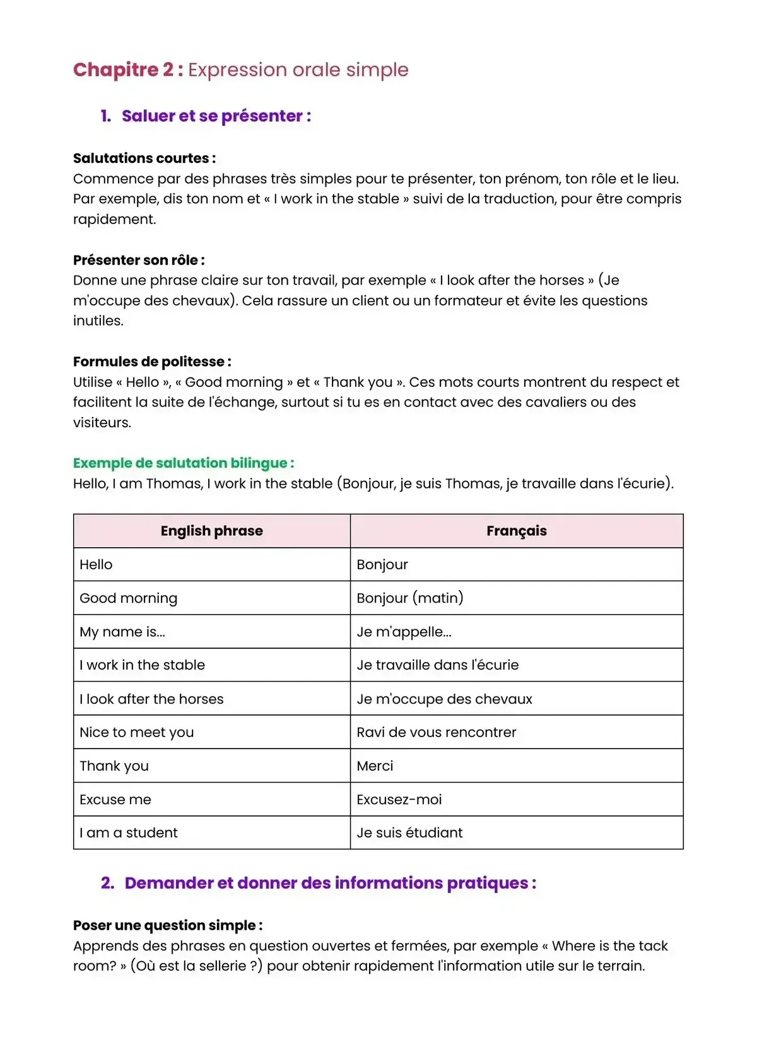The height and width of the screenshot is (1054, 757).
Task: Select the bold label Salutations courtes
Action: tap(144, 158)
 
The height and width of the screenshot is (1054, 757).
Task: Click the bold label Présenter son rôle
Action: tap(138, 260)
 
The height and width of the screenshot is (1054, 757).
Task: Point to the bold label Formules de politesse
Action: tap(151, 362)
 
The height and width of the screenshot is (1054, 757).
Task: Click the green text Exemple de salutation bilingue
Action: tap(183, 463)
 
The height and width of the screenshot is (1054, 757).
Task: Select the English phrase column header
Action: tap(211, 531)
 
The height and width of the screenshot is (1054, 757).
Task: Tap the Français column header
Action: tap(516, 531)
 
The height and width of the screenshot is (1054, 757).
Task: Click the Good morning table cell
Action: tap(129, 598)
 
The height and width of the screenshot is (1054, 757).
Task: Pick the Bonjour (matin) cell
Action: tap(410, 598)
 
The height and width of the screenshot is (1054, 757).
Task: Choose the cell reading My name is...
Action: tap(122, 632)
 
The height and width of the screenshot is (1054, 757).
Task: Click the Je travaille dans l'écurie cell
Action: tap(438, 665)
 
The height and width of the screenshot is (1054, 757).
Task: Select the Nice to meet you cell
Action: tap(137, 732)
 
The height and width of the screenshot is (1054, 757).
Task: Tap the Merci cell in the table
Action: tap(375, 766)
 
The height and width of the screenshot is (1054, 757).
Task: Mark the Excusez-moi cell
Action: tap(399, 800)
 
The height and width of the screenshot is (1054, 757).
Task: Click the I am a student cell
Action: tap(129, 833)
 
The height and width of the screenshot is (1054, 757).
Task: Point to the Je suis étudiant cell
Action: tap(409, 833)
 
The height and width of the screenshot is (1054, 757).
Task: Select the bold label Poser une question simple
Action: tap(167, 925)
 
